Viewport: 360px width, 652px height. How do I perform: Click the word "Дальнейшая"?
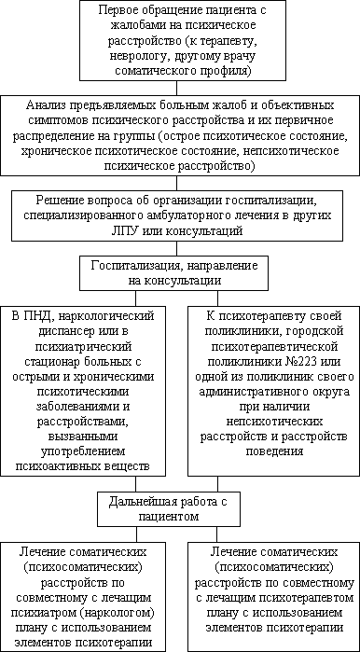(x=154, y=502)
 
